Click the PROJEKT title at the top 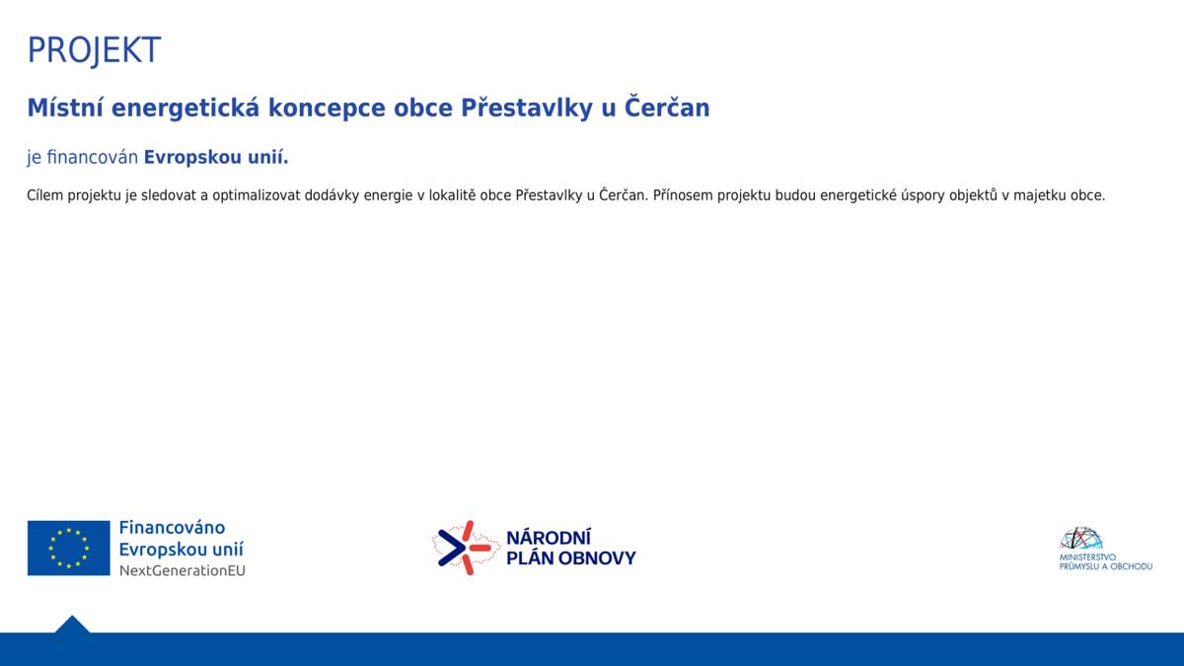tap(94, 50)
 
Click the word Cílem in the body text tap(44, 195)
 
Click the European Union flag tap(69, 548)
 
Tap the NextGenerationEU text tap(182, 570)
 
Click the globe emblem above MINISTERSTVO tap(1080, 539)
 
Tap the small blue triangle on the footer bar tap(72, 625)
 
